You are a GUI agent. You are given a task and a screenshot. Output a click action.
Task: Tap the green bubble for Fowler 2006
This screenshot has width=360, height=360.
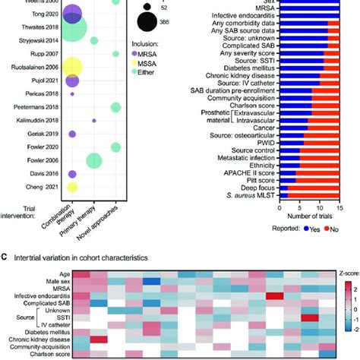point(94,160)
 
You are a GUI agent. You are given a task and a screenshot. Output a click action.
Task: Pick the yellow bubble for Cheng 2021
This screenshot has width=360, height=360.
point(72,187)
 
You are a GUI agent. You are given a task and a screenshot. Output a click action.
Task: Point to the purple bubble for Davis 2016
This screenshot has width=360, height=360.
point(72,174)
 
